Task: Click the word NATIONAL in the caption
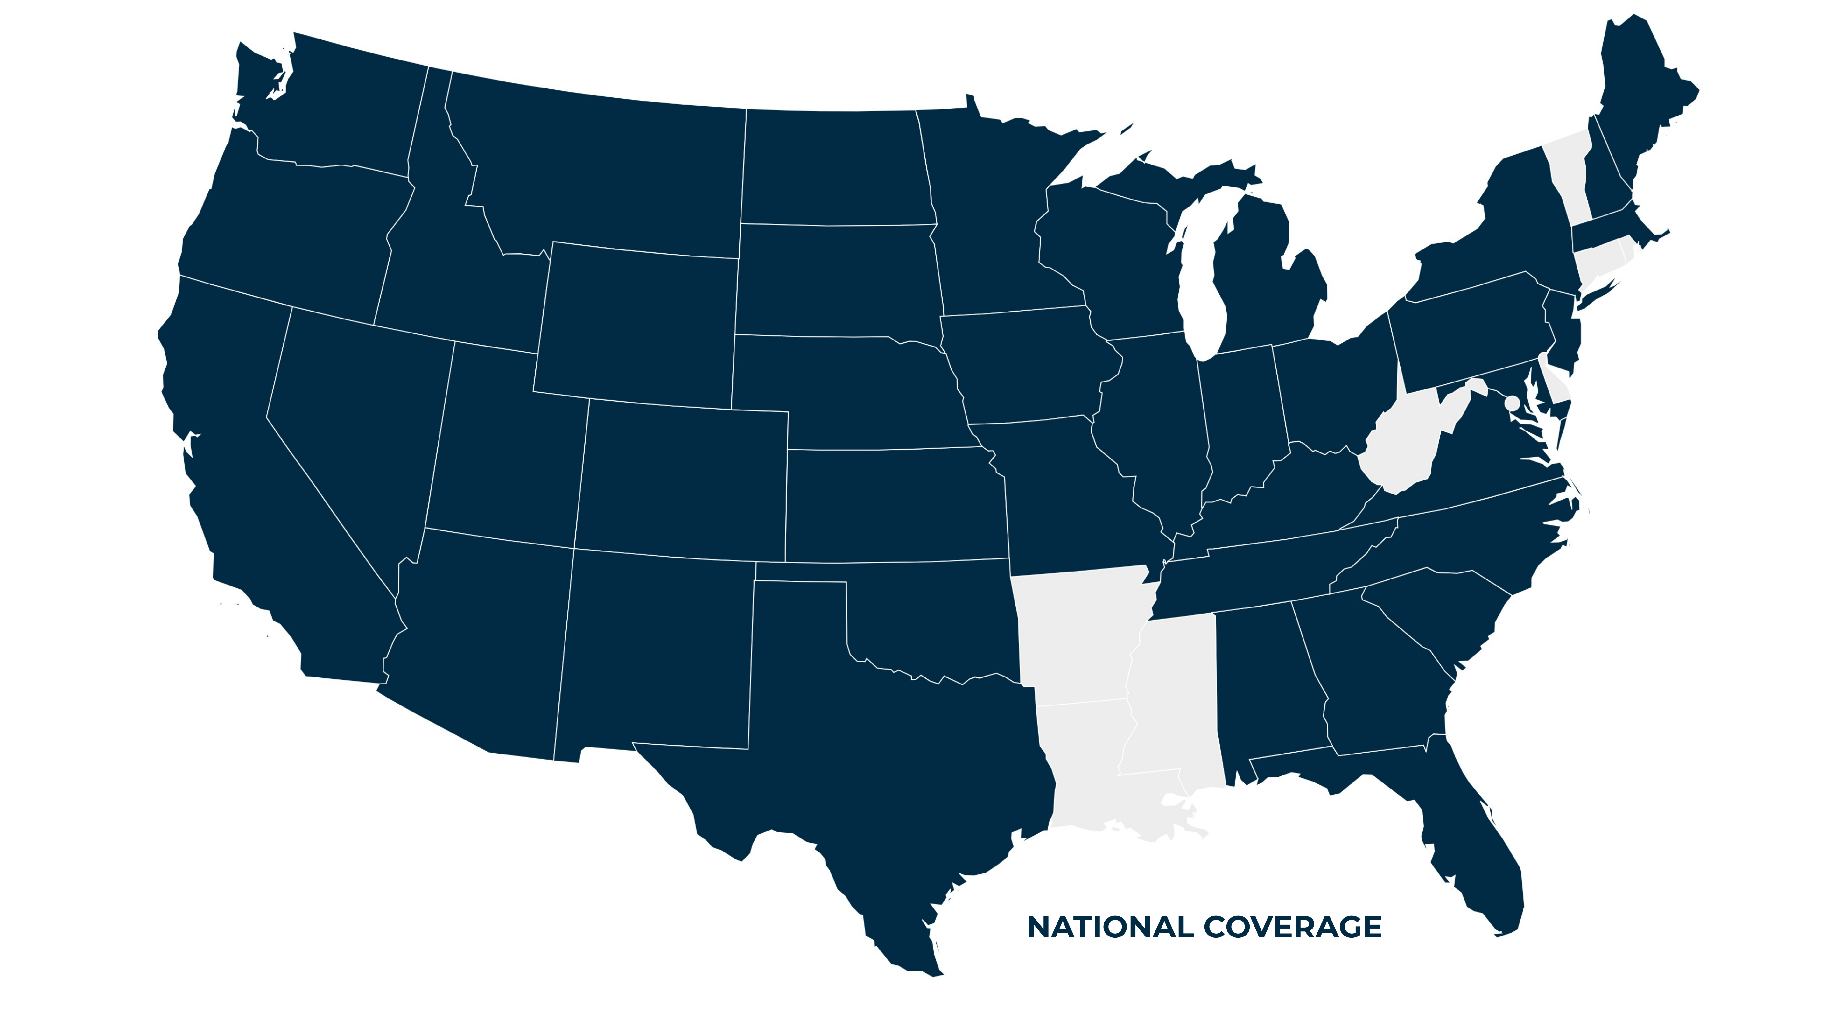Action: (1111, 927)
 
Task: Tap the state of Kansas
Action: (896, 505)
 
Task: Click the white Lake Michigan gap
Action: (1203, 284)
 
